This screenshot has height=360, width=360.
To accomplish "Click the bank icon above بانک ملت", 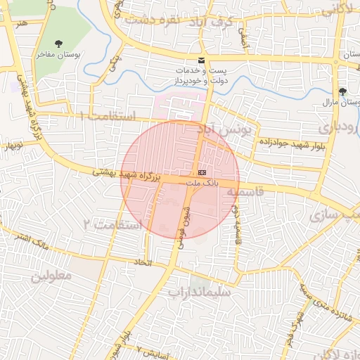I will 202,172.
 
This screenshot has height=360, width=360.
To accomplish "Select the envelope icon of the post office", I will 202,60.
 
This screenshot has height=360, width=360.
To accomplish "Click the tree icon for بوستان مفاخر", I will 58,44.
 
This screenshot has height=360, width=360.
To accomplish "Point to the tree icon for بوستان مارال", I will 342,91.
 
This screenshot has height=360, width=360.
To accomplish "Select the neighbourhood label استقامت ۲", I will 112,224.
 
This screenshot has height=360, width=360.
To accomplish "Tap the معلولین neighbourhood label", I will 51,275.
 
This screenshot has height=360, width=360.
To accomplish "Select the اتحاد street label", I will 143,262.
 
